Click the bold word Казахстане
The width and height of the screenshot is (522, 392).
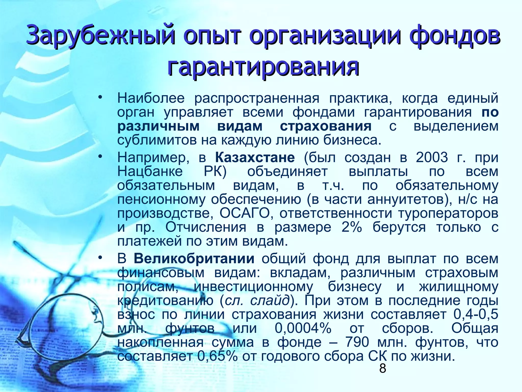pos(255,157)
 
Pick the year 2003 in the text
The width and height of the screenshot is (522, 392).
pos(432,157)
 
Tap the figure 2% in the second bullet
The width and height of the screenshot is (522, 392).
pos(352,227)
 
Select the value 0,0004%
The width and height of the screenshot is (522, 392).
pos(303,328)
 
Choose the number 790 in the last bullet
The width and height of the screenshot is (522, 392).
pos(357,342)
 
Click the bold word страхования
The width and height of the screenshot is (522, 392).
pos(326,126)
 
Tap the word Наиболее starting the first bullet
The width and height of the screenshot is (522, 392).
pos(151,98)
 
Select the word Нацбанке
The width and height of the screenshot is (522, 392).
pos(150,171)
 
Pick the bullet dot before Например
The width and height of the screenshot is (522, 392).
pos(100,156)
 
